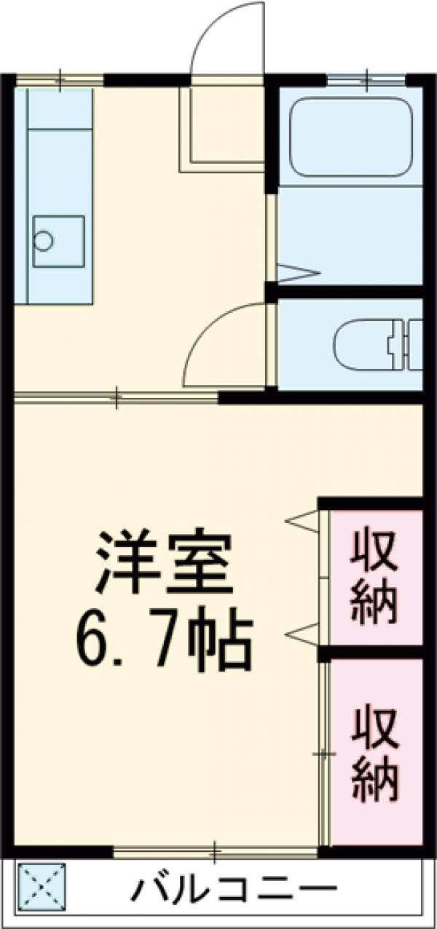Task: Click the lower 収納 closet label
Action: (x=376, y=756)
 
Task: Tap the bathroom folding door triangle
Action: (x=299, y=273)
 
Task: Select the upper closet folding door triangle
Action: (x=303, y=520)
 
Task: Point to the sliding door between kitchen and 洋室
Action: (x=117, y=397)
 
